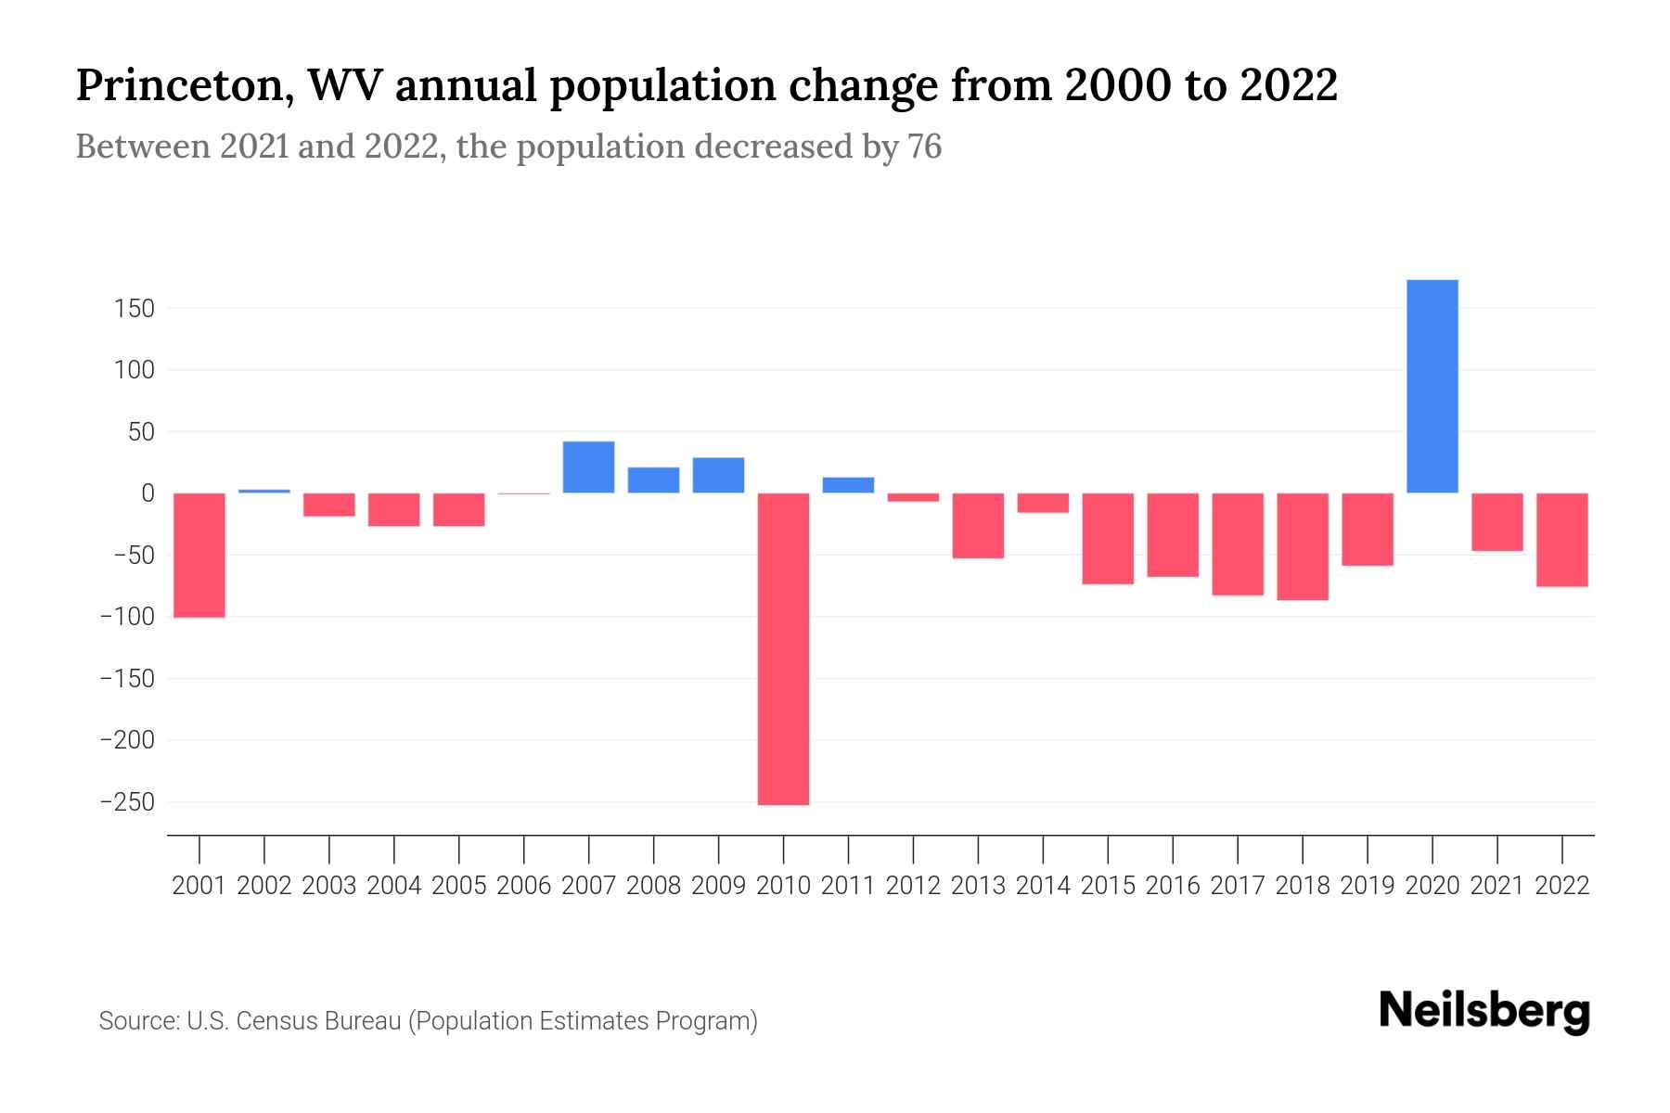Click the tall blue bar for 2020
pyautogui.click(x=1432, y=386)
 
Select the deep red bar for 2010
pyautogui.click(x=783, y=648)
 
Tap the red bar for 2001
pyautogui.click(x=199, y=555)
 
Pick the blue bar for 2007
pyautogui.click(x=588, y=467)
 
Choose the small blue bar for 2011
pyautogui.click(x=848, y=485)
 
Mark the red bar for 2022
pyautogui.click(x=1561, y=540)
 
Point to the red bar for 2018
pyautogui.click(x=1302, y=546)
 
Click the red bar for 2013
pyautogui.click(x=978, y=525)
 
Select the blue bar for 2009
pyautogui.click(x=718, y=475)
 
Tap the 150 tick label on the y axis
pyautogui.click(x=135, y=308)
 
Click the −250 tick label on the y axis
pyautogui.click(x=127, y=801)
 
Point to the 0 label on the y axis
pyautogui.click(x=147, y=493)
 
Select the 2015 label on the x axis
pyautogui.click(x=1108, y=886)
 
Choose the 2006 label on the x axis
pyautogui.click(x=523, y=886)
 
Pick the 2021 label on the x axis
pyautogui.click(x=1497, y=886)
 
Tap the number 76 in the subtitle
pyautogui.click(x=924, y=147)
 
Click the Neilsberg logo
pyautogui.click(x=1484, y=1011)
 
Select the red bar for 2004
pyautogui.click(x=393, y=509)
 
